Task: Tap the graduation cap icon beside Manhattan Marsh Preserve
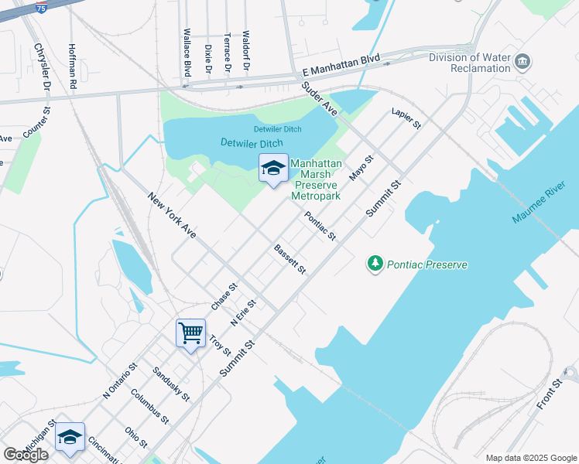(272, 169)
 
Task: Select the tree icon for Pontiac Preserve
(375, 264)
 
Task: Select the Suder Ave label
(319, 100)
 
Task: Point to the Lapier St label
(406, 118)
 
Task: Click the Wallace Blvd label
(187, 53)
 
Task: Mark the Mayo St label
(361, 168)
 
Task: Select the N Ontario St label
(120, 381)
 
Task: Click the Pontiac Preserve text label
(428, 264)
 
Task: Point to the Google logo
(26, 454)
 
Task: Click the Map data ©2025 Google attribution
(531, 457)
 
